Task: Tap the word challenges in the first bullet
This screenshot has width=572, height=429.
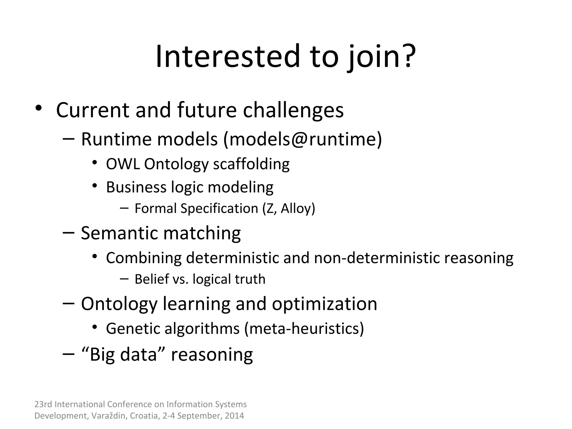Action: click(293, 110)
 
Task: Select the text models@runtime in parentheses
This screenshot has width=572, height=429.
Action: click(303, 139)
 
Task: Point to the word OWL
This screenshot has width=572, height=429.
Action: click(123, 164)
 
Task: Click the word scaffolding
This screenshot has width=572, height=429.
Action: click(251, 164)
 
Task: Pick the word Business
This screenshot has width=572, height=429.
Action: click(136, 187)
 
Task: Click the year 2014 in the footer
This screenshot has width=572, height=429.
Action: click(234, 416)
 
